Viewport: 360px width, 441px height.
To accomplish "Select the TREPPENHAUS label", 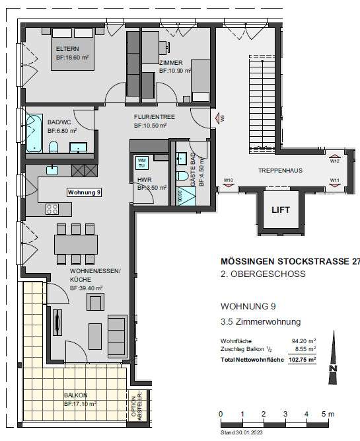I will click(x=280, y=171).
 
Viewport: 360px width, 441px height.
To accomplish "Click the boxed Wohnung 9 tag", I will click(x=84, y=192).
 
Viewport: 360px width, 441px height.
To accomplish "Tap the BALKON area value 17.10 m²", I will click(x=80, y=403).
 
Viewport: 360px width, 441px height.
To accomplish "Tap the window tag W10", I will click(x=229, y=180).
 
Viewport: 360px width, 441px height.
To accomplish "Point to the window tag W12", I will click(x=334, y=161).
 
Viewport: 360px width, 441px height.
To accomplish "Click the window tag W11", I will click(x=334, y=180).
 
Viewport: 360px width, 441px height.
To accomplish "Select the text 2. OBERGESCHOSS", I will click(x=262, y=274).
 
